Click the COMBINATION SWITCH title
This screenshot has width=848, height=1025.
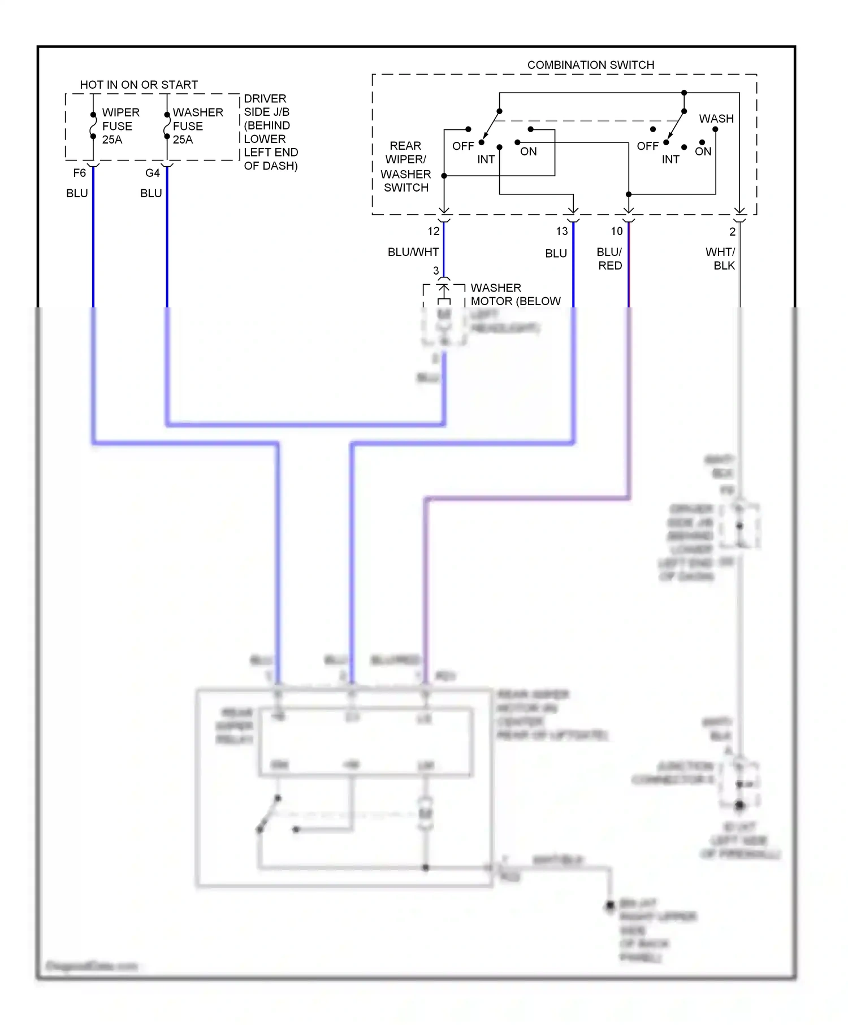[590, 65]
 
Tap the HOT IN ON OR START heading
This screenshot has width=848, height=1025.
[139, 85]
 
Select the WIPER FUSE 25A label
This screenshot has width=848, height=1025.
[120, 126]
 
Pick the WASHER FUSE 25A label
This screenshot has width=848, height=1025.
[197, 126]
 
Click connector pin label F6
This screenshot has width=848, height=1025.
[80, 173]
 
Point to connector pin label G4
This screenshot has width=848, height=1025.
[153, 173]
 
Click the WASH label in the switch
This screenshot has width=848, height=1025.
[716, 119]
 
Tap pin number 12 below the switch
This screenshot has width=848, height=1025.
[434, 231]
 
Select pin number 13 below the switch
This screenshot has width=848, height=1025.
[561, 231]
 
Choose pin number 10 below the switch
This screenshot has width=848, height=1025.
[617, 231]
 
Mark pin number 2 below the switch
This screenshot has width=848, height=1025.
[732, 232]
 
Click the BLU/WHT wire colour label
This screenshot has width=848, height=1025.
[413, 252]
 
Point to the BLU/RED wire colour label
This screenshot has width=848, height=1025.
[609, 259]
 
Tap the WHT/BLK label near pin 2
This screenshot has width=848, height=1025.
[721, 259]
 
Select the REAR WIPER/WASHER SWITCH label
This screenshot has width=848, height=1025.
[405, 167]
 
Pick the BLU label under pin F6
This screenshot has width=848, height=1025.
[77, 193]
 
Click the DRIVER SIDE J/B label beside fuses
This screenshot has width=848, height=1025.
[270, 132]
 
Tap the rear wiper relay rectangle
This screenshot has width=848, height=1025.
[366, 741]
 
